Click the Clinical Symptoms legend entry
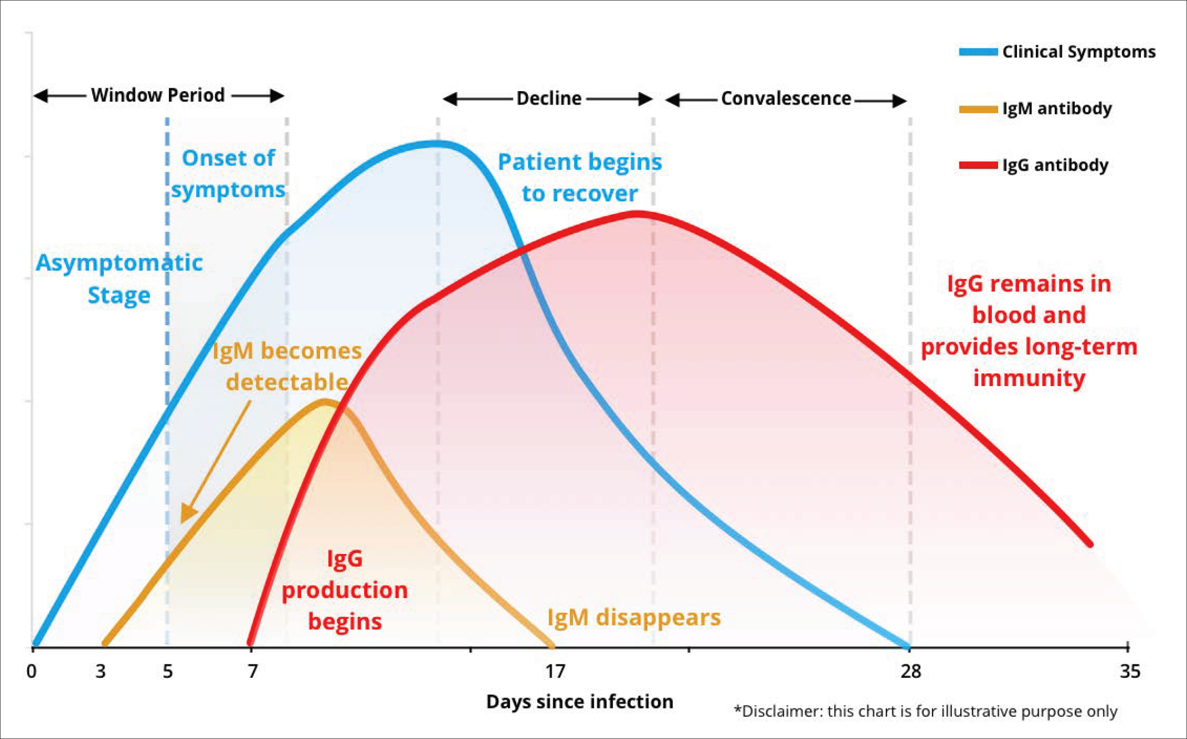1057,52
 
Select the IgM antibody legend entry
1035,108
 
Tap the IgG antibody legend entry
1034,165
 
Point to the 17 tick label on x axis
555,671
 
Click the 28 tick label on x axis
911,671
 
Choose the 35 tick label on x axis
1130,671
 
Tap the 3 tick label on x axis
101,671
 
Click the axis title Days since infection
580,701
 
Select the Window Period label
158,95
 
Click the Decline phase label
548,98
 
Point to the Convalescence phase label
786,98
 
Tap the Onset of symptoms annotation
228,174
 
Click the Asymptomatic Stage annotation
119,278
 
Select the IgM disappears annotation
634,617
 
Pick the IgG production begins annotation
345,590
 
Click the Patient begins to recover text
580,177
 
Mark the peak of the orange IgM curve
325,401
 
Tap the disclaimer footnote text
925,711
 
